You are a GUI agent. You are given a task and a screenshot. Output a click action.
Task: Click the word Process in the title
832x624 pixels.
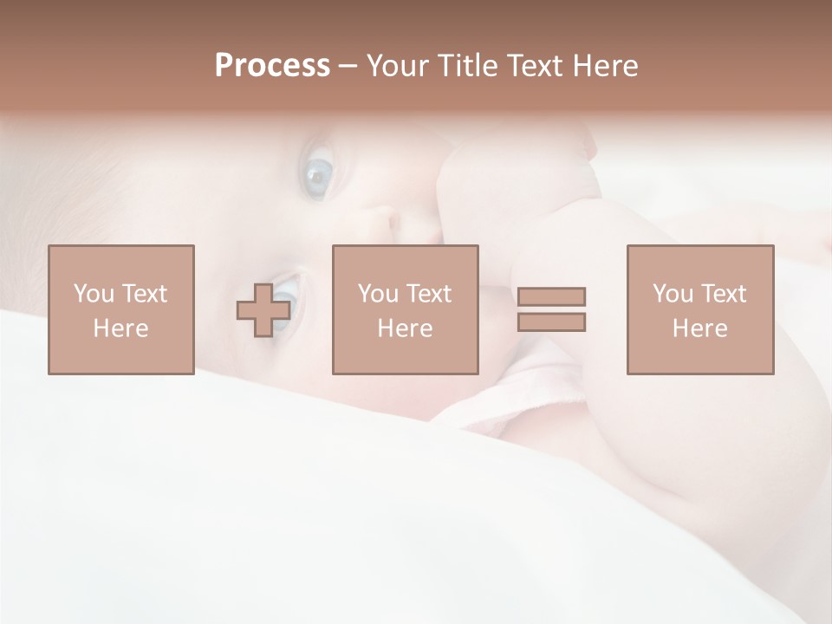272,66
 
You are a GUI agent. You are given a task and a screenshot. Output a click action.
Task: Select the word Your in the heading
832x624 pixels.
397,66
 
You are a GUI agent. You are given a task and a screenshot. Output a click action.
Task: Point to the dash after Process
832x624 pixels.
348,67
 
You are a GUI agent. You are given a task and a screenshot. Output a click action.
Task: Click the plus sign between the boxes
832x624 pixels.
263,310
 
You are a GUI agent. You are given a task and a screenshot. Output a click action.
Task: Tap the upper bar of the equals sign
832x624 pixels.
551,296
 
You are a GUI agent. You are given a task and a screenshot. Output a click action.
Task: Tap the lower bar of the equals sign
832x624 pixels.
551,322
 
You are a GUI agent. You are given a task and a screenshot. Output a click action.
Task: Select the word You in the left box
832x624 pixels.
94,294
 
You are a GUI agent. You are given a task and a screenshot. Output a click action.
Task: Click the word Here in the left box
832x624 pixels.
120,328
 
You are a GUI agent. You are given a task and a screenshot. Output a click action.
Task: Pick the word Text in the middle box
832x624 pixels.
428,294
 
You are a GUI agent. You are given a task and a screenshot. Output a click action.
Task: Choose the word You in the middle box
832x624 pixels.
378,294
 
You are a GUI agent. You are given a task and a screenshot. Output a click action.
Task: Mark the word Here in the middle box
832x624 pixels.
405,328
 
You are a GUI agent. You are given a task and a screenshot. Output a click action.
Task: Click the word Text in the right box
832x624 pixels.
723,294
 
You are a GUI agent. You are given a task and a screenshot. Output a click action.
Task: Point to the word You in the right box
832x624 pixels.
673,294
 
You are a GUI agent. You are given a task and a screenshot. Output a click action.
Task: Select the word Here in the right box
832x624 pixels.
699,328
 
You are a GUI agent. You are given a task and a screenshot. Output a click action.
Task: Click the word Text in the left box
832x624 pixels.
144,294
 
